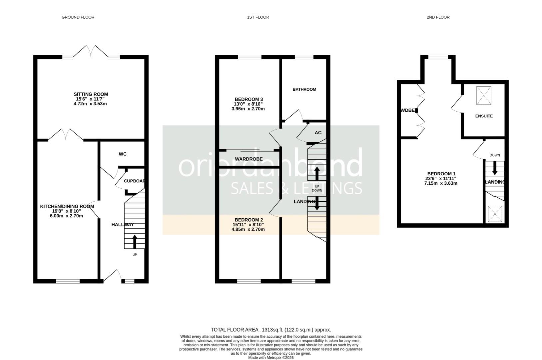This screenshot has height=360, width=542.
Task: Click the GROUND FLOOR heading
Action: pos(78,17)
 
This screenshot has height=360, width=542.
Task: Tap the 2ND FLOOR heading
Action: pos(438,17)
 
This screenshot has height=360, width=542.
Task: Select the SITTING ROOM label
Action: pos(91,94)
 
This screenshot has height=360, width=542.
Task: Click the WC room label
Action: pos(123,154)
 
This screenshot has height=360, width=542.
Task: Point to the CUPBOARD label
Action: pos(134,181)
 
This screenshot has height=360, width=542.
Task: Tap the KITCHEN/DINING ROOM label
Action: pos(67,206)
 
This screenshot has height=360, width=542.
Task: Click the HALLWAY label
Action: pos(122,225)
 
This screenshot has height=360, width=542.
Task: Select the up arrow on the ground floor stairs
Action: pos(135,242)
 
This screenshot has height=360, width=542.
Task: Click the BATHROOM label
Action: pos(304,89)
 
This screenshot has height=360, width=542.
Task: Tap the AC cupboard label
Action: pos(318,133)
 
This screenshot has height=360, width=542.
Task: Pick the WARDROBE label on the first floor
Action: pos(249,159)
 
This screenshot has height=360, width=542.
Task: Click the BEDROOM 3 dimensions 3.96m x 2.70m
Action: pos(248,109)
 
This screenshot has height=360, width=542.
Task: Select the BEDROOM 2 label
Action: pos(249,220)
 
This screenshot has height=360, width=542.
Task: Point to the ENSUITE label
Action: pos(484,116)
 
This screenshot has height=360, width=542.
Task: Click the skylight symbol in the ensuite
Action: pos(483,95)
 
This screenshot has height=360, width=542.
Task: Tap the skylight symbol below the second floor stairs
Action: pos(495,214)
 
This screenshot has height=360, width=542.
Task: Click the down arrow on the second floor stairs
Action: pos(495,168)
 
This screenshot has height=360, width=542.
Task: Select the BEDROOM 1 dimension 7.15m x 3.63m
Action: pos(441,183)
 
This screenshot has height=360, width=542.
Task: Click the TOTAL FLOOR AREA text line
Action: pos(271,330)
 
